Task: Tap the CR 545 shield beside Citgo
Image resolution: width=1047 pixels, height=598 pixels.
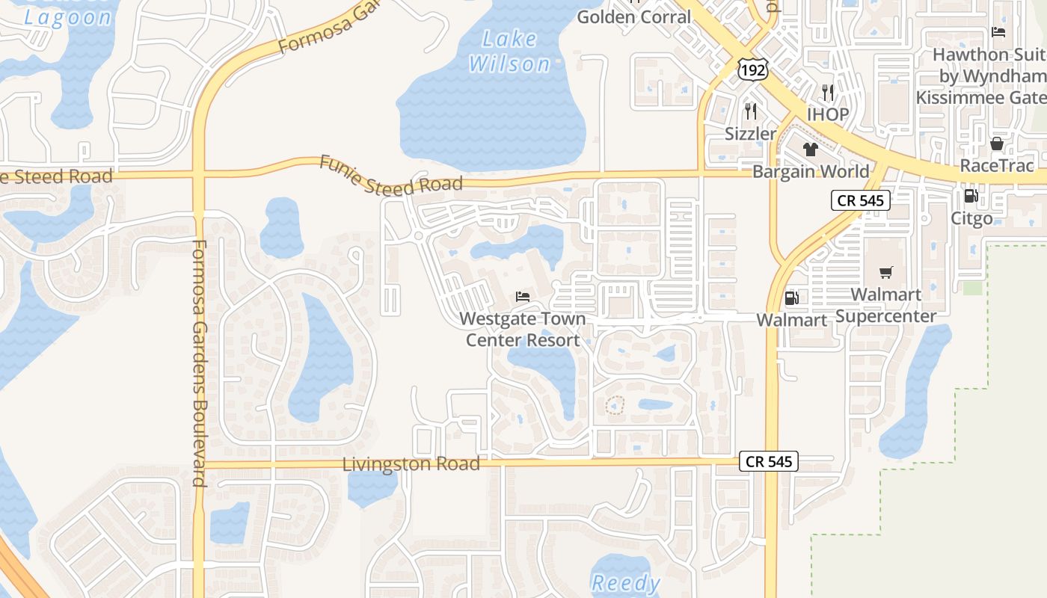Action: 860,200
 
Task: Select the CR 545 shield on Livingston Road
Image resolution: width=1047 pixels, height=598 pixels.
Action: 769,461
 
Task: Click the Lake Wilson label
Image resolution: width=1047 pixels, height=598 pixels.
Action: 509,52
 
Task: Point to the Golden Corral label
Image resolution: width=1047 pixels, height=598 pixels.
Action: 634,16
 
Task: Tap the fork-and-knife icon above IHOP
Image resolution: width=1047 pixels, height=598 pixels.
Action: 828,93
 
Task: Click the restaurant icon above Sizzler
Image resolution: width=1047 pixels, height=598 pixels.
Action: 751,111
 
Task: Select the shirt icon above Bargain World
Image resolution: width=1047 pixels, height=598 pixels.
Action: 811,149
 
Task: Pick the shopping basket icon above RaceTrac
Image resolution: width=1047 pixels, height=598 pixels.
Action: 997,144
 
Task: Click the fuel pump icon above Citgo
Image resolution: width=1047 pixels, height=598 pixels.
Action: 971,196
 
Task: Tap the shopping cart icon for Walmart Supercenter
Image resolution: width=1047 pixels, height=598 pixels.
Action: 886,272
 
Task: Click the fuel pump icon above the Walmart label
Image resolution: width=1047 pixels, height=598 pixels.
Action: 791,298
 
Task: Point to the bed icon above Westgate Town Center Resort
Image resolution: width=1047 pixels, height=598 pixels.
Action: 523,297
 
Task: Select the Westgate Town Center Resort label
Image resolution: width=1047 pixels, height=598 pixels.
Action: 523,330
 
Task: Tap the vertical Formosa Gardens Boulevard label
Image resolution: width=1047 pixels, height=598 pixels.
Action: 199,363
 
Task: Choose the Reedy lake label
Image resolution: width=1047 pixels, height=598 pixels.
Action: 626,583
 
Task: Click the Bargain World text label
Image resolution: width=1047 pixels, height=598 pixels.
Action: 811,171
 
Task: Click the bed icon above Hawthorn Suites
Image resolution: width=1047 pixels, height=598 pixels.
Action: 998,31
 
